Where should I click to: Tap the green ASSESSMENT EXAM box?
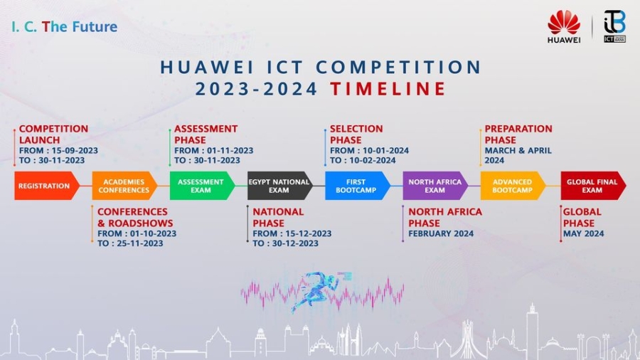202,186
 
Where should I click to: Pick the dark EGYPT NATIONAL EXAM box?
280,186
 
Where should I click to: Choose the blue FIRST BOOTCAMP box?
358,186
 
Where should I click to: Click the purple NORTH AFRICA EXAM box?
435,186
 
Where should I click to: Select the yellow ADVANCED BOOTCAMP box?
513,186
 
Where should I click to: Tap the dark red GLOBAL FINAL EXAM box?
593,186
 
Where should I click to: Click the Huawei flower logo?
564,23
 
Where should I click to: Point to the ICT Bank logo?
614,26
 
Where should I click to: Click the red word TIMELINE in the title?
388,89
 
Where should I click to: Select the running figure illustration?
321,290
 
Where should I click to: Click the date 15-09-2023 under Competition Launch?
75,151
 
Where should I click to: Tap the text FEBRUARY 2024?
441,234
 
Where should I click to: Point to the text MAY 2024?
583,234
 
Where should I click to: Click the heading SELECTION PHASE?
356,134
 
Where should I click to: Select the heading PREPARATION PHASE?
518,134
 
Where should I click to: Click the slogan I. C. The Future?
65,27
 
